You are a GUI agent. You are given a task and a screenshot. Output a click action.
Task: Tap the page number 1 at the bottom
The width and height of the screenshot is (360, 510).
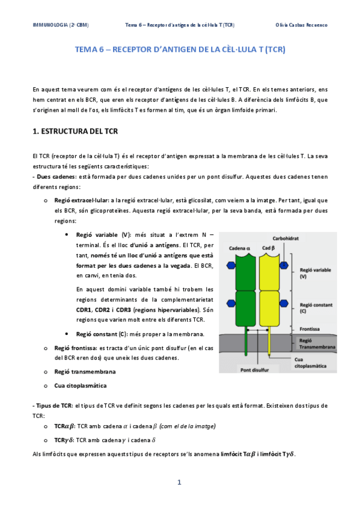tap(179, 482)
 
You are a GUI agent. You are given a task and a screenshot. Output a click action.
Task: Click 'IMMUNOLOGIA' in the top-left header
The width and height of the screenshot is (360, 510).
tap(49, 25)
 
